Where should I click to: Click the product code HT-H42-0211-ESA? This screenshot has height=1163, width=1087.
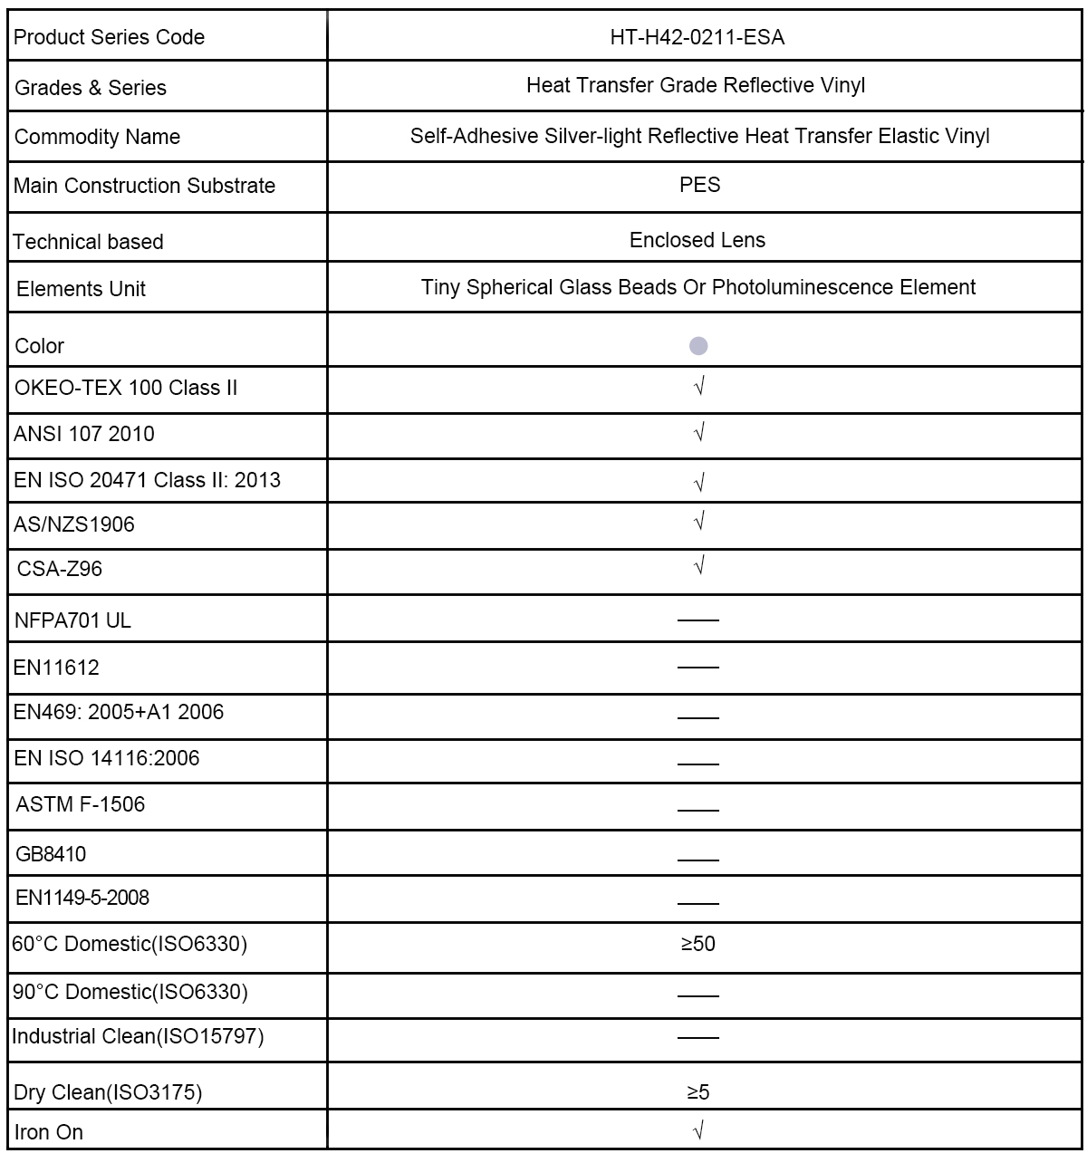[697, 37]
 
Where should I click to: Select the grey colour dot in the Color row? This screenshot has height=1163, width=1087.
[698, 346]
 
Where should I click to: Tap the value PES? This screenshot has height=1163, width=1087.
[699, 185]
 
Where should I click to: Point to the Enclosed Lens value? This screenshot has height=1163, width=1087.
[697, 240]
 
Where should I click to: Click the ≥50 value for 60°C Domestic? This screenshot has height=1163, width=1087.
[698, 944]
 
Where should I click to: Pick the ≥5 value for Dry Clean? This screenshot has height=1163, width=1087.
[698, 1092]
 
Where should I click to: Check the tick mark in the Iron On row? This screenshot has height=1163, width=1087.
[698, 1130]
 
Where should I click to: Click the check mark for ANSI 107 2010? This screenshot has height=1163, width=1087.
[698, 433]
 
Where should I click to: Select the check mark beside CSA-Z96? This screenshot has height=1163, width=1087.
[698, 567]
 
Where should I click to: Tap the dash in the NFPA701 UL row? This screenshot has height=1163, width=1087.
[698, 620]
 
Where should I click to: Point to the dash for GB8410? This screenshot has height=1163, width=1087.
[698, 859]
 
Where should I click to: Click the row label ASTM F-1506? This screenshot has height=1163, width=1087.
[81, 804]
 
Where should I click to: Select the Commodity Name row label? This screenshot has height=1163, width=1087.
[97, 137]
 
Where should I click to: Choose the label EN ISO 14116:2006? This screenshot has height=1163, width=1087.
[107, 758]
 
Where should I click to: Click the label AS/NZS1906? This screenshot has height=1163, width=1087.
[74, 524]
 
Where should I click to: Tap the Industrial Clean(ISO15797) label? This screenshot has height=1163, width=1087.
[138, 1036]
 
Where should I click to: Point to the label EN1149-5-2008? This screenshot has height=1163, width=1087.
[82, 898]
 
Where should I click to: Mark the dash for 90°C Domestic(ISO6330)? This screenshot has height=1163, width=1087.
[698, 995]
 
